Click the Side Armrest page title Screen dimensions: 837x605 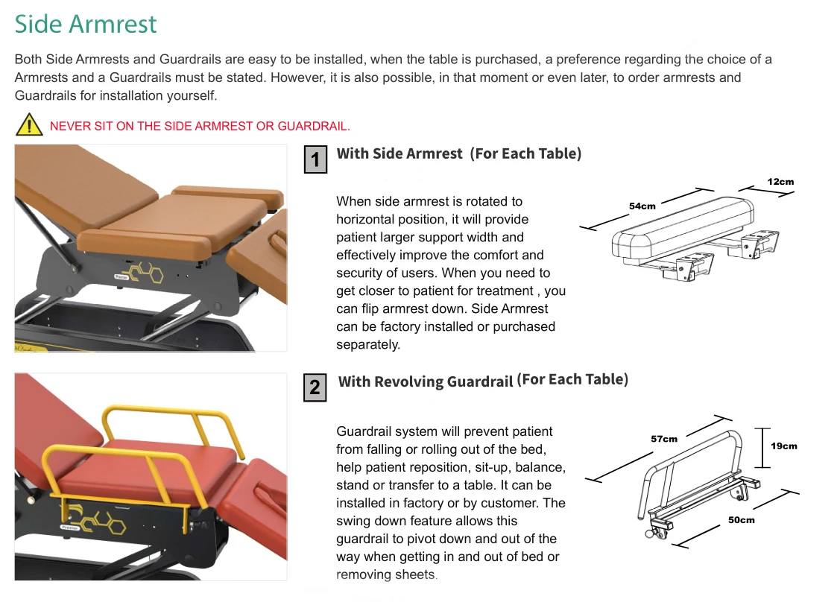click(86, 24)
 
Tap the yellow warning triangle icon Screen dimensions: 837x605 click(29, 124)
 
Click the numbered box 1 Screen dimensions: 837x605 click(315, 159)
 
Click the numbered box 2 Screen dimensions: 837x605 click(315, 387)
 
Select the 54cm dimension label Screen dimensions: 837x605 click(642, 206)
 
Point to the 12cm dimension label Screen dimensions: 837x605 click(780, 182)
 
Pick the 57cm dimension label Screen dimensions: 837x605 click(664, 439)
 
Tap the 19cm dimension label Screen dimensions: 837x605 click(783, 446)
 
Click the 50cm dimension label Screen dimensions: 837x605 click(742, 520)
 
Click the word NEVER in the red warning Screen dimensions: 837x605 click(71, 127)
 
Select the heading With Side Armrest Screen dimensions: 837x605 click(399, 154)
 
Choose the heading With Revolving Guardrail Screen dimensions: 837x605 click(426, 382)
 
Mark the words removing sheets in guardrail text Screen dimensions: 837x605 click(386, 575)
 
